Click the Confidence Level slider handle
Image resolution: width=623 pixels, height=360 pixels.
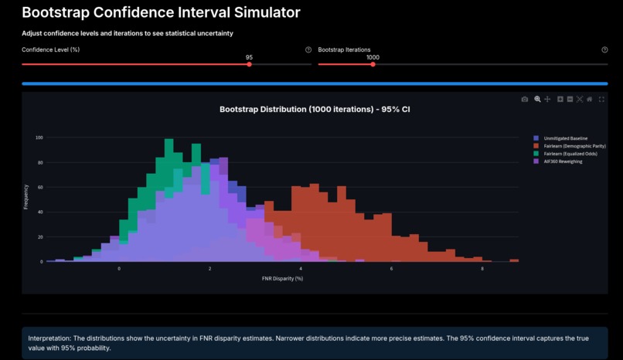(x=249, y=64)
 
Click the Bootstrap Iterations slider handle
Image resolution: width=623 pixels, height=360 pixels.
(x=373, y=64)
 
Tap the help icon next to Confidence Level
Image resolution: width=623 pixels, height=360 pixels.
(x=308, y=49)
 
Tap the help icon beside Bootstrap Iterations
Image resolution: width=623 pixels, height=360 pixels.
(x=604, y=49)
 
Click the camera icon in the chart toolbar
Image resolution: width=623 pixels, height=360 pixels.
(x=525, y=100)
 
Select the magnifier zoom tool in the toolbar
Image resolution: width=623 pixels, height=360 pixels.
(x=537, y=100)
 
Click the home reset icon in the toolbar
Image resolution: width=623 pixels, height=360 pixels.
(x=590, y=100)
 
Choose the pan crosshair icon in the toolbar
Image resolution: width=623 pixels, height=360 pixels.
(x=547, y=100)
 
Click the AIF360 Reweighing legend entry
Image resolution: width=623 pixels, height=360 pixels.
(x=563, y=161)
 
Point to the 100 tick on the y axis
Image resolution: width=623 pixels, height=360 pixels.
(x=39, y=138)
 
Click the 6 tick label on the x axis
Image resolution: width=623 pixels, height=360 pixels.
(x=391, y=268)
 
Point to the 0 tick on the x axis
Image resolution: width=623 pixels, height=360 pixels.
(x=119, y=268)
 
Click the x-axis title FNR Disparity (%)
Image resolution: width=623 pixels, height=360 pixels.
(x=282, y=278)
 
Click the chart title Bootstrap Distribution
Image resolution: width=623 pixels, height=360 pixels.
(x=315, y=110)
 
